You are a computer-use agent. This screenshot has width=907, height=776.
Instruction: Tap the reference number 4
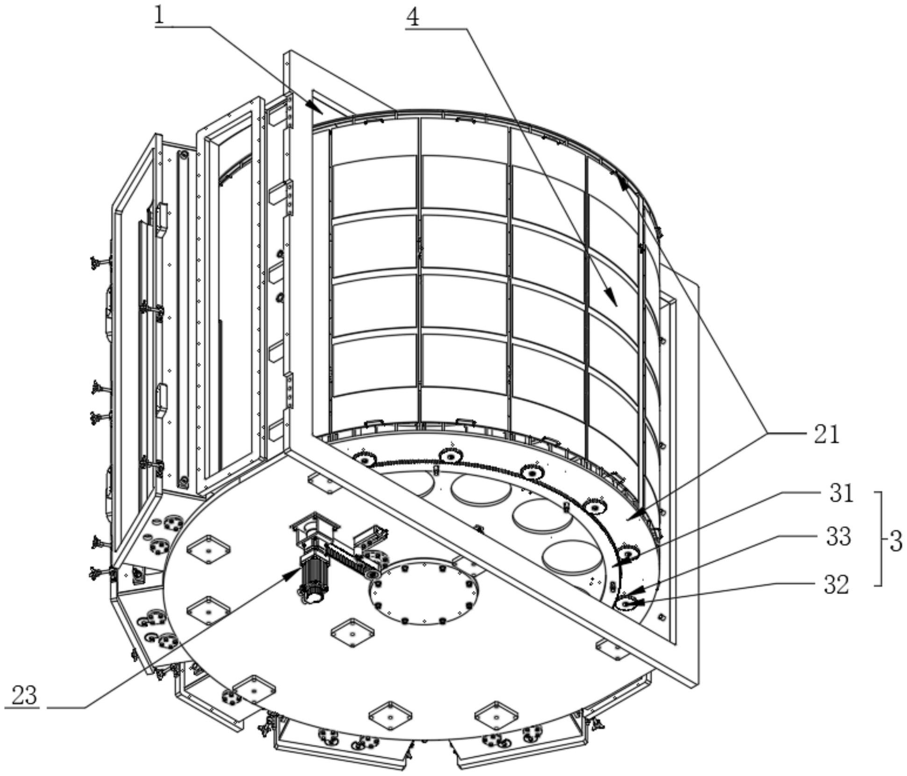412,18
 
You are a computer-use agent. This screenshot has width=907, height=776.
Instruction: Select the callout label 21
827,435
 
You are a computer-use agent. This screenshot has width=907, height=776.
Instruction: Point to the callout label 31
842,493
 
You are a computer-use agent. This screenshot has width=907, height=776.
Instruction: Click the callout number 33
838,537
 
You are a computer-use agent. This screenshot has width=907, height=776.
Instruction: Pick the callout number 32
836,585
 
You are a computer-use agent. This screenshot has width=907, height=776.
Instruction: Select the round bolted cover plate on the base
424,590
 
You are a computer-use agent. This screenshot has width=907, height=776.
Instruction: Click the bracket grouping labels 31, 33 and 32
879,538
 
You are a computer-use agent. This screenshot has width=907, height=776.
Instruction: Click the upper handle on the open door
162,218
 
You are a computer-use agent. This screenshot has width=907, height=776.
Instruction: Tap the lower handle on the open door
162,399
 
